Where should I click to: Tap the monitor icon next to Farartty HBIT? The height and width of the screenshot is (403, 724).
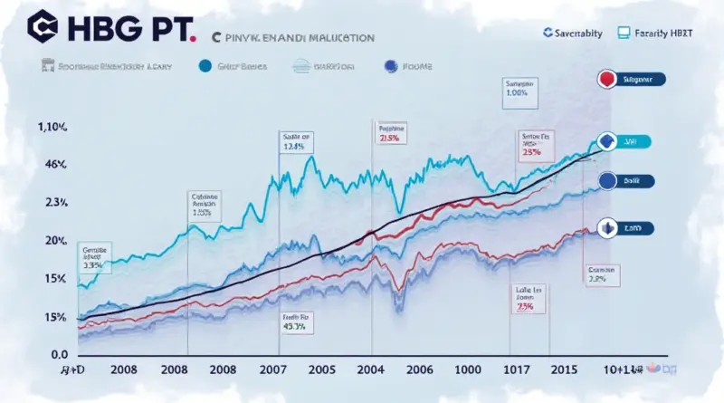click(x=623, y=33)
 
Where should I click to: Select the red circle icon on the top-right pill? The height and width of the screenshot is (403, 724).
click(x=606, y=80)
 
